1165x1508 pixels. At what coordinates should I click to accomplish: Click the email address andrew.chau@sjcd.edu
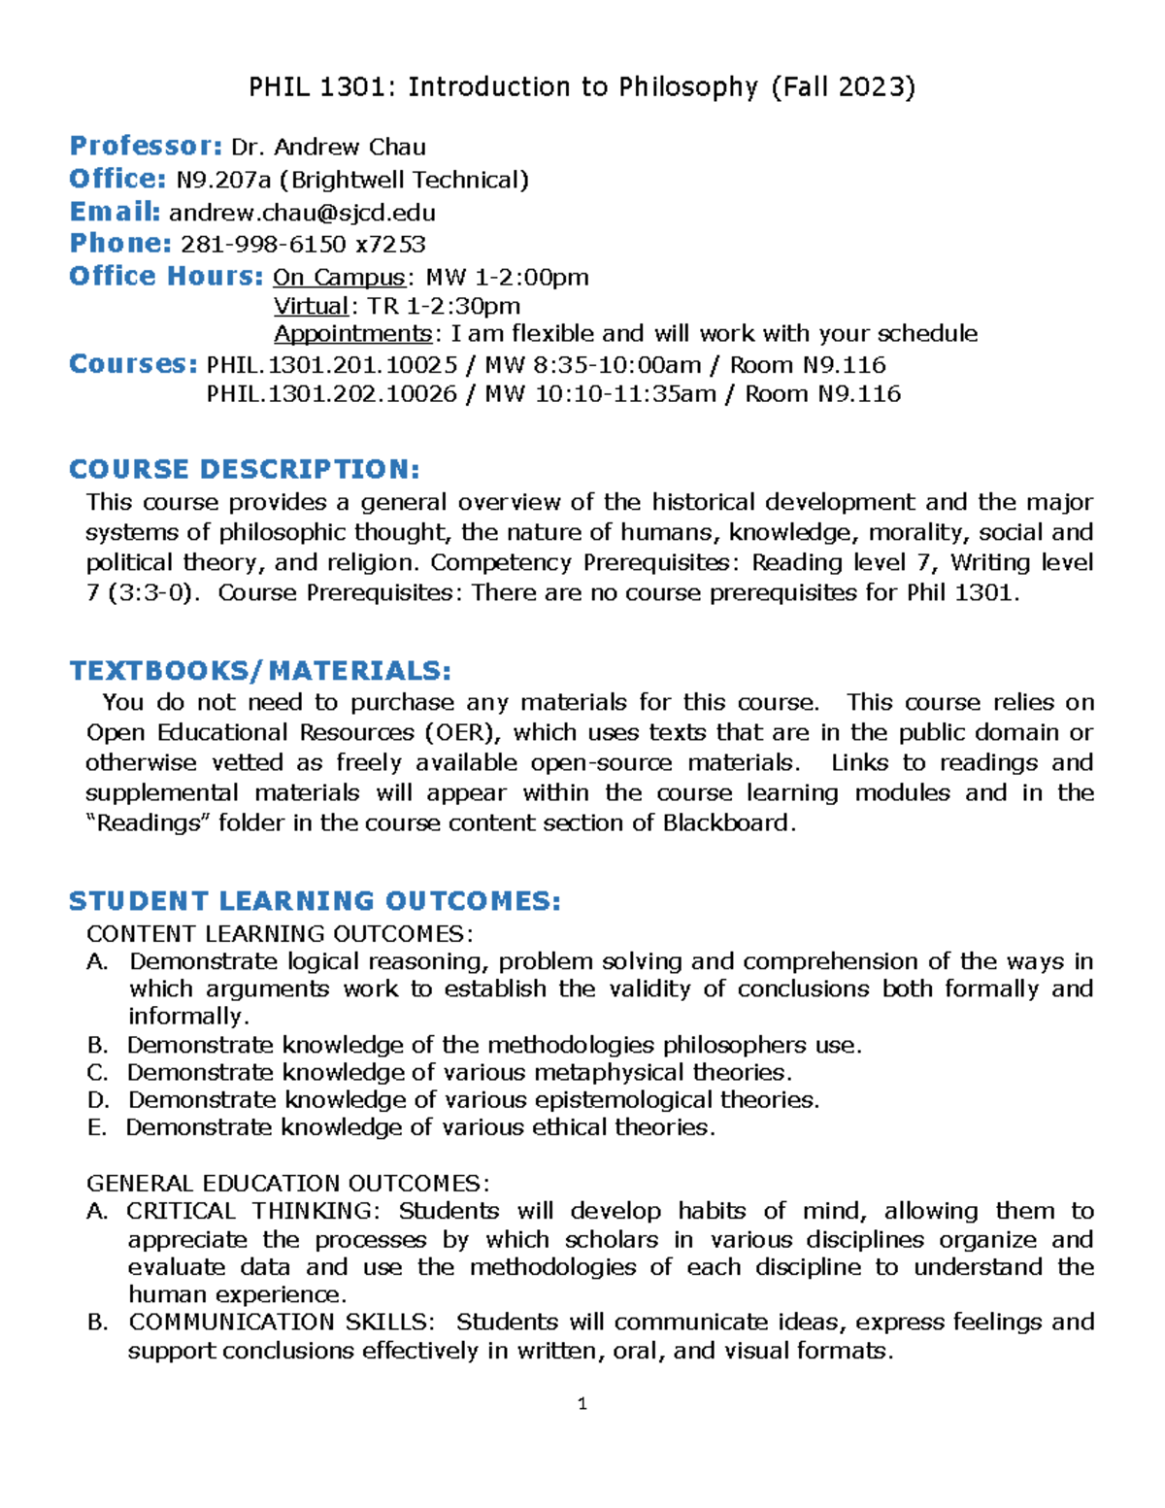[x=302, y=213]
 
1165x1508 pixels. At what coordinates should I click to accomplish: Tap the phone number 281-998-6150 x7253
[x=303, y=244]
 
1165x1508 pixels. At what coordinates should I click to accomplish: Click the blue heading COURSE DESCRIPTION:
[x=245, y=469]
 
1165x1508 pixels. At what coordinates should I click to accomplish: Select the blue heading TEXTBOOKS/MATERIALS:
[x=260, y=671]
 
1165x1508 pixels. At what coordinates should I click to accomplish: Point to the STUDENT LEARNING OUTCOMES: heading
[x=315, y=901]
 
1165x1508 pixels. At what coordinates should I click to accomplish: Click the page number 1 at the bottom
[x=582, y=1403]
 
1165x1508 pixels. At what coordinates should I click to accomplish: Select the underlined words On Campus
[x=338, y=278]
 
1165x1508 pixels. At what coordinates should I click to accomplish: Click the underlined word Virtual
[x=311, y=307]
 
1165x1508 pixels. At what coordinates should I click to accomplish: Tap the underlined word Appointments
[x=353, y=334]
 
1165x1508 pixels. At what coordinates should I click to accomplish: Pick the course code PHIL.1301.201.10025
[x=332, y=365]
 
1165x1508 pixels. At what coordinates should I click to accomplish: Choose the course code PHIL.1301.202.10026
[x=332, y=394]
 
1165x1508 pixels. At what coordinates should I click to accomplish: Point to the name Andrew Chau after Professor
[x=349, y=148]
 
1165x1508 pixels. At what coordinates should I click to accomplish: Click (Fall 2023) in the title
[x=843, y=87]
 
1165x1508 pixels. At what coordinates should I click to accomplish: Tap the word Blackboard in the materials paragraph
[x=728, y=823]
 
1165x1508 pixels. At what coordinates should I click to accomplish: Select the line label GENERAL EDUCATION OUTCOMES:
[x=288, y=1184]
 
